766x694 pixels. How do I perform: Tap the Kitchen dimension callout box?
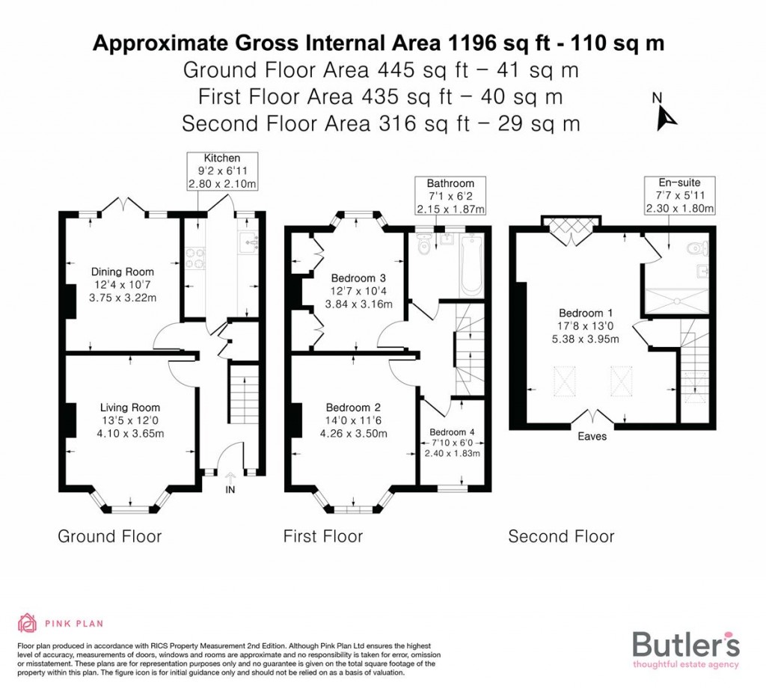click(222, 171)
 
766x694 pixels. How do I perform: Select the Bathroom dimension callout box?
click(450, 195)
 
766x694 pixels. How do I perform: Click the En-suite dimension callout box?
click(680, 195)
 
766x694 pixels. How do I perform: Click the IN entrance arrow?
click(229, 483)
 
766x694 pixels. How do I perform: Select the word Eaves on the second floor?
click(592, 436)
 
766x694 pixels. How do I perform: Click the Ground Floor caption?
click(109, 536)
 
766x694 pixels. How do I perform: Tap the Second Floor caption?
click(561, 536)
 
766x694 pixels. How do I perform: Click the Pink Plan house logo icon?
click(27, 622)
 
